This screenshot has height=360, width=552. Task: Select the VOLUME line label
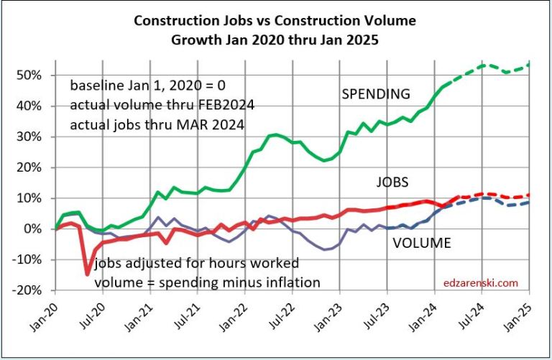422,244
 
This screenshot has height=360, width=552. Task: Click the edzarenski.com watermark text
486,282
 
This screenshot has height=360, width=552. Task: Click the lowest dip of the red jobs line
88,274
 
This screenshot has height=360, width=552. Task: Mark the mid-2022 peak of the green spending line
275,134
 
